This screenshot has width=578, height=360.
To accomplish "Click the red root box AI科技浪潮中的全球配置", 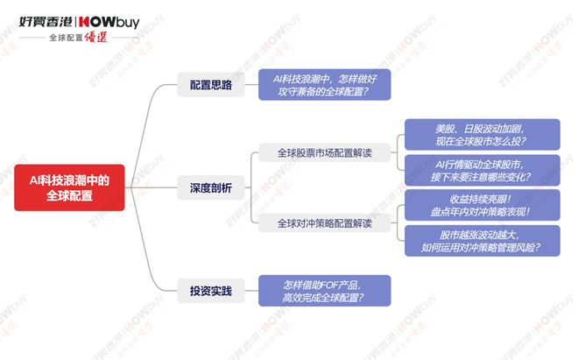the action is coord(69,187).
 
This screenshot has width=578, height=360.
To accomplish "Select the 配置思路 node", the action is coord(211,85).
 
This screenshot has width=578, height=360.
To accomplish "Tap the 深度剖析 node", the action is coord(211,187).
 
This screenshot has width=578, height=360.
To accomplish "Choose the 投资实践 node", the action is coord(211,291).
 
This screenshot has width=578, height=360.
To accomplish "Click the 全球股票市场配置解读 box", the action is coord(324,152).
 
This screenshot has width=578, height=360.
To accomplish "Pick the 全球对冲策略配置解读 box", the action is coord(324,223).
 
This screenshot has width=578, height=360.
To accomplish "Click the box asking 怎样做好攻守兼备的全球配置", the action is coord(324,84).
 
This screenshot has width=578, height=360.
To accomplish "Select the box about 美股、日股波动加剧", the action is coord(483,134).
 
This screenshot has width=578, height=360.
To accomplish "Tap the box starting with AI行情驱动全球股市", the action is coord(483,170).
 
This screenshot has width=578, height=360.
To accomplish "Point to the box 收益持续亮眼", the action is coord(483,205).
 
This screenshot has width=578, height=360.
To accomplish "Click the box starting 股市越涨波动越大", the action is coord(483,241).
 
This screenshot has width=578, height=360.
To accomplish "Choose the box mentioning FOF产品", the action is coord(324,291).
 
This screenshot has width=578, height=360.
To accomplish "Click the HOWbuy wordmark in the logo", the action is coord(109,23).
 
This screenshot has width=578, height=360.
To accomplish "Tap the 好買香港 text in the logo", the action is coord(46,22).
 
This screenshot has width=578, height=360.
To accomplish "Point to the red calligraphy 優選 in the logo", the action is coord(95,38).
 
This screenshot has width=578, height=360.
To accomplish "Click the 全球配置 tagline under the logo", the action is coord(66,38).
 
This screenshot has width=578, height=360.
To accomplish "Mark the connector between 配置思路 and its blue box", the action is coord(251,84).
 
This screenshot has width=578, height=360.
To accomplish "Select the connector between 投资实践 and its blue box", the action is coord(251,291).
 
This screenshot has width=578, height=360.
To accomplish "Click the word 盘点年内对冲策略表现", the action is coord(480,212).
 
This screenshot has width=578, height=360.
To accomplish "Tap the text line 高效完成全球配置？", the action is coord(323,297).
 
